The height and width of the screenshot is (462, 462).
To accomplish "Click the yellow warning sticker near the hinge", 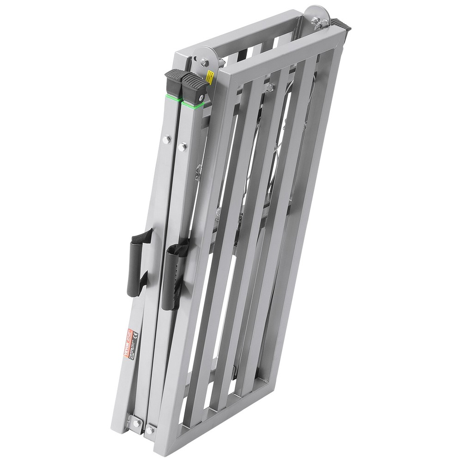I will (x=209, y=78).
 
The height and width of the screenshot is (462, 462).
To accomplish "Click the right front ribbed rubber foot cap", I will (x=195, y=86).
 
